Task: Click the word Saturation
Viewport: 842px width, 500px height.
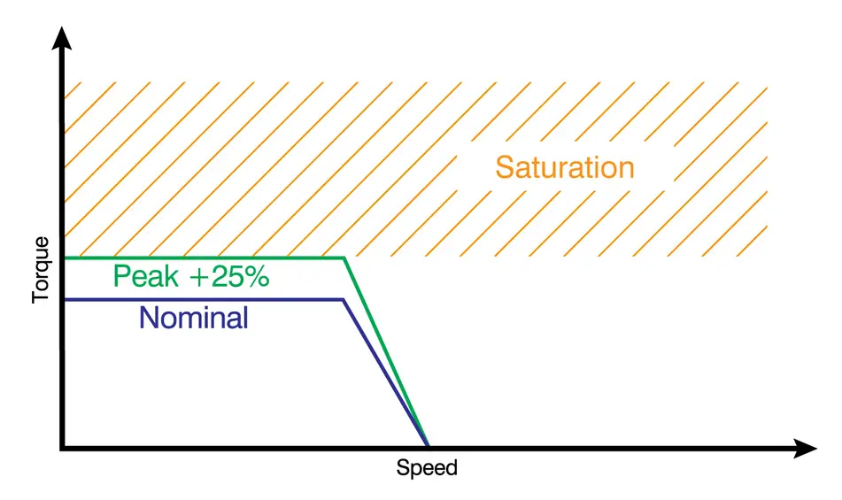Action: pyautogui.click(x=564, y=167)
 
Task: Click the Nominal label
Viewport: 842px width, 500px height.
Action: pyautogui.click(x=194, y=318)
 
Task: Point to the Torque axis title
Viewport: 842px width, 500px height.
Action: pyautogui.click(x=41, y=270)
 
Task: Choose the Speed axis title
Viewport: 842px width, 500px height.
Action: pyautogui.click(x=427, y=467)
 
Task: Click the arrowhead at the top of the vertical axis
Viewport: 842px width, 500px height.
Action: pyautogui.click(x=62, y=37)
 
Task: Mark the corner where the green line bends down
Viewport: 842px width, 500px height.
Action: pyautogui.click(x=344, y=258)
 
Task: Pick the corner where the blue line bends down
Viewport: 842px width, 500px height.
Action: pyautogui.click(x=343, y=300)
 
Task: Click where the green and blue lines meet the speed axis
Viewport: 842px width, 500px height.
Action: pyautogui.click(x=428, y=445)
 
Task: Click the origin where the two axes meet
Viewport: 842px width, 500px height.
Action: pyautogui.click(x=62, y=448)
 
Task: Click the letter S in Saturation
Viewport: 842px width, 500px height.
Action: pyautogui.click(x=506, y=167)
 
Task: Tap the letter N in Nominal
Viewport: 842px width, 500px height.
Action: pyautogui.click(x=149, y=318)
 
